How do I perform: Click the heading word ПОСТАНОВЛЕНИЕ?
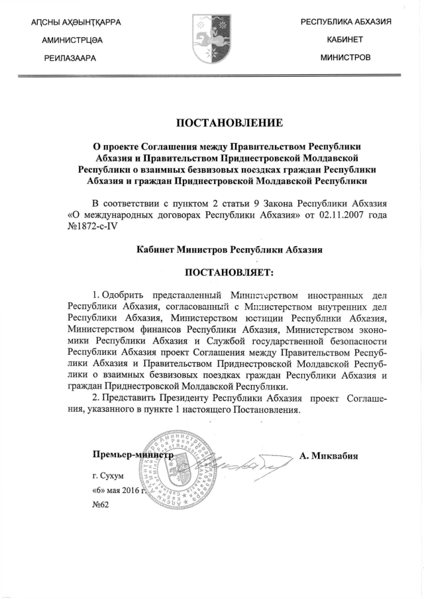[x=229, y=122]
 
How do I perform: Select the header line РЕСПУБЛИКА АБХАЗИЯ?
[x=346, y=23]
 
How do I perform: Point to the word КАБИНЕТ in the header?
[x=345, y=40]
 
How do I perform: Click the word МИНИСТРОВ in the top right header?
[x=345, y=58]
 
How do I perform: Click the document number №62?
[x=100, y=504]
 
